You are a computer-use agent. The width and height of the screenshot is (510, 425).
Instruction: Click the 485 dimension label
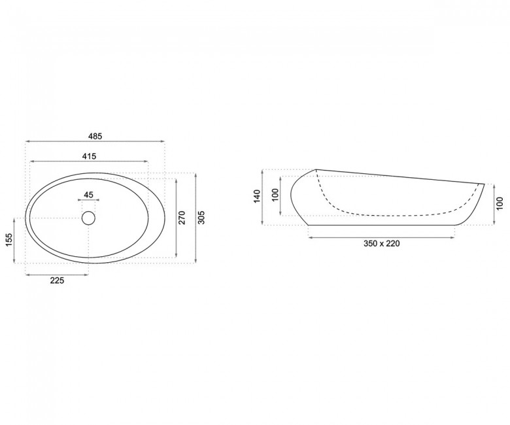[x=95, y=136]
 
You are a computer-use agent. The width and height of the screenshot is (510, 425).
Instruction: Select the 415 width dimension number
[x=89, y=156]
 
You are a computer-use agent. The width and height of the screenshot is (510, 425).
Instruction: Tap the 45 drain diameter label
[x=88, y=195]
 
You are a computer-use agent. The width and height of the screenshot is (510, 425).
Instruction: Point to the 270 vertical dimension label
[x=182, y=217]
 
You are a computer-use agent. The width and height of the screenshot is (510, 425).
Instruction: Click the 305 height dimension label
[x=201, y=217]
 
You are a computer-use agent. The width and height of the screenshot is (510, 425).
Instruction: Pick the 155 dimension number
[x=9, y=240]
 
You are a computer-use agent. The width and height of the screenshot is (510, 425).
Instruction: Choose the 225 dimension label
[x=58, y=280]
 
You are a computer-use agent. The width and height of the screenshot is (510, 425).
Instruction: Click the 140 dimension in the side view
[x=257, y=196]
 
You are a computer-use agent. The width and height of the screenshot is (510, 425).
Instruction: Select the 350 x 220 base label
[x=382, y=243]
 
